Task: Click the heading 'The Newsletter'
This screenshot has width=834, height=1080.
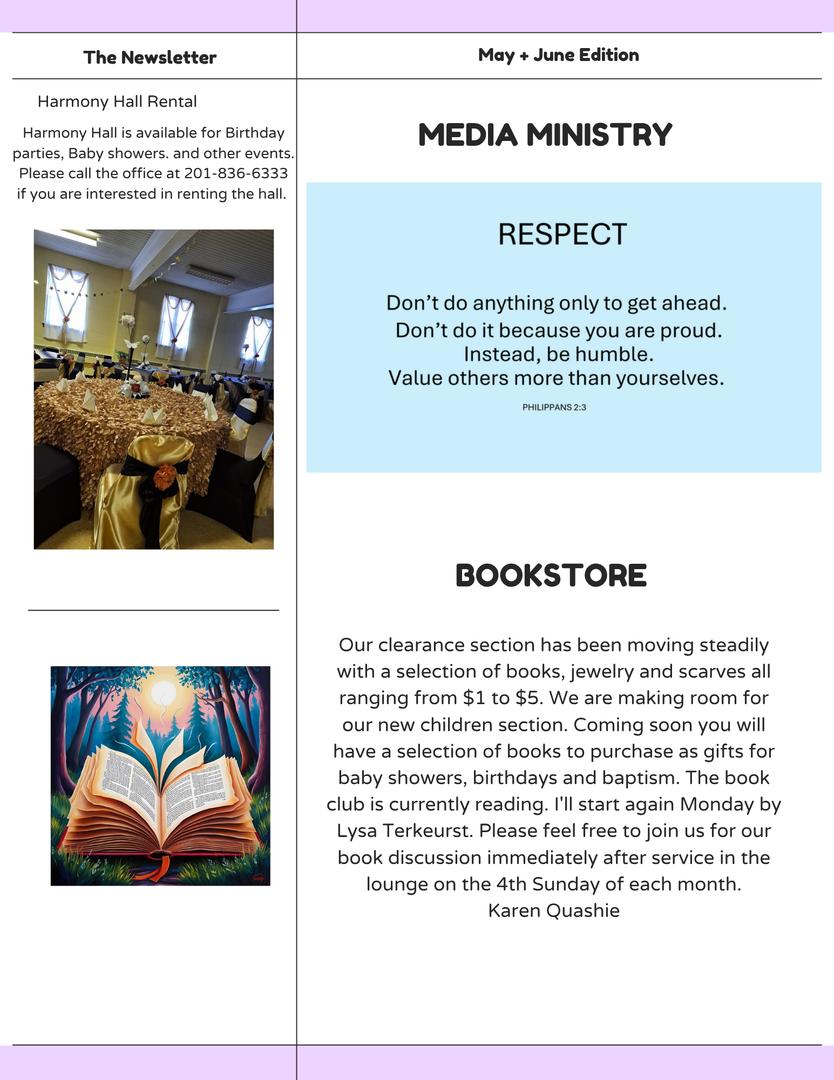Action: [x=150, y=57]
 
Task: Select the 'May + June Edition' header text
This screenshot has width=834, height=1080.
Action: [x=558, y=55]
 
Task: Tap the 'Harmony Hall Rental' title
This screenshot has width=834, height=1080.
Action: [x=117, y=102]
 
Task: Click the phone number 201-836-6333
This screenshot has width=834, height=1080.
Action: [x=236, y=173]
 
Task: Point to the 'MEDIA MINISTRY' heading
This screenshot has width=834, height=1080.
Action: [x=545, y=134]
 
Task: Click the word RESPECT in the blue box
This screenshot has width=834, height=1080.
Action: [x=562, y=234]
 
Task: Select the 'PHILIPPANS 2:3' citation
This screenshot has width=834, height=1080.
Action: [x=554, y=407]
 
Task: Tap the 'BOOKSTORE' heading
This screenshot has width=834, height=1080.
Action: [x=551, y=576]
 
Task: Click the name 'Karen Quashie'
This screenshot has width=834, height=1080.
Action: [x=554, y=910]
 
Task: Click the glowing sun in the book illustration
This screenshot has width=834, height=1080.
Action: [x=164, y=692]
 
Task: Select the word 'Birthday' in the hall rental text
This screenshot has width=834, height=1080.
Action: [x=255, y=133]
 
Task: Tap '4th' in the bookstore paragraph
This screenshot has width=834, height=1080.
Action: [x=511, y=884]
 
